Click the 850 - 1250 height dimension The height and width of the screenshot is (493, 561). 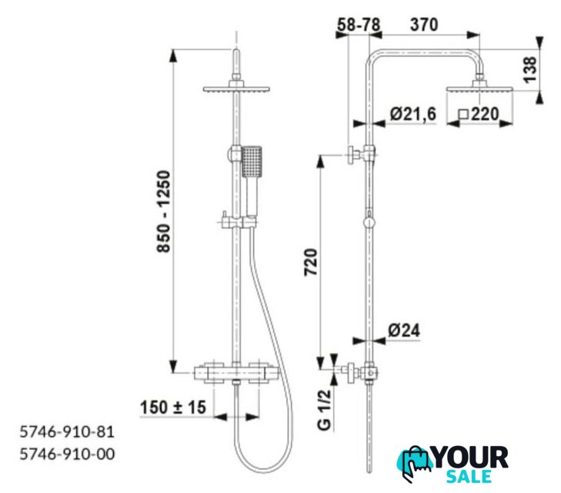tap(164, 212)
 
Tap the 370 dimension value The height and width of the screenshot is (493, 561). tap(424, 25)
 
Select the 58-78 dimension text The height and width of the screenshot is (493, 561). tap(359, 25)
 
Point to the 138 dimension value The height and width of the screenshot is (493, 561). tap(530, 70)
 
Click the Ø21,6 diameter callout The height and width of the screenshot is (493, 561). tap(413, 114)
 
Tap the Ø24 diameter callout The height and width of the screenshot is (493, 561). tap(404, 330)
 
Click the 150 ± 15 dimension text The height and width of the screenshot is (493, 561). tap(173, 407)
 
